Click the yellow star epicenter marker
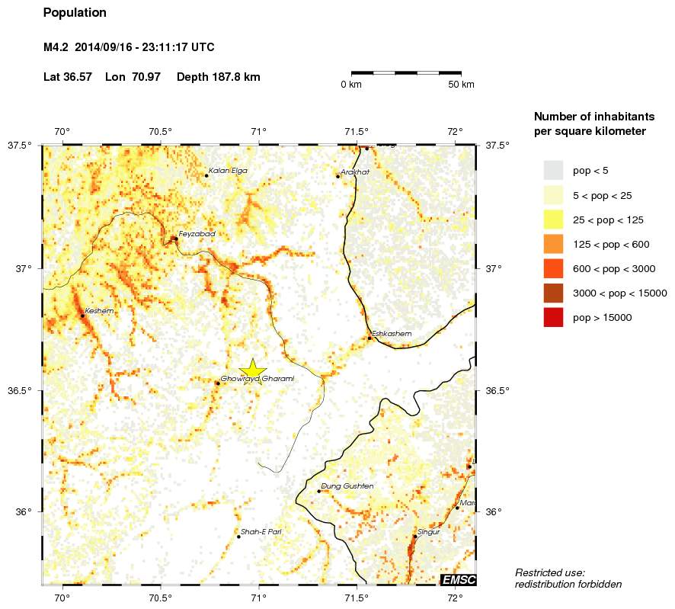tap(252, 370)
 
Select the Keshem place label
tap(99, 311)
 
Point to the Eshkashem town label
tap(392, 334)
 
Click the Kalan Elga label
tap(228, 171)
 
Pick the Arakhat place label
tap(355, 172)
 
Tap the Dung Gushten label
tap(347, 486)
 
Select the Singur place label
tap(429, 532)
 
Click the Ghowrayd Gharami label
tap(257, 379)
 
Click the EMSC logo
tap(459, 580)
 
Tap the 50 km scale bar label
tap(462, 85)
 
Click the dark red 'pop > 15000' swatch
tap(553, 317)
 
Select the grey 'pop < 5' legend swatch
tap(553, 170)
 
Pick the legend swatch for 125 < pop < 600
tap(553, 244)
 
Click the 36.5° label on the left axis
tap(21, 390)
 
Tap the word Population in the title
tap(75, 13)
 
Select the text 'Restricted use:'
tap(550, 572)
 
